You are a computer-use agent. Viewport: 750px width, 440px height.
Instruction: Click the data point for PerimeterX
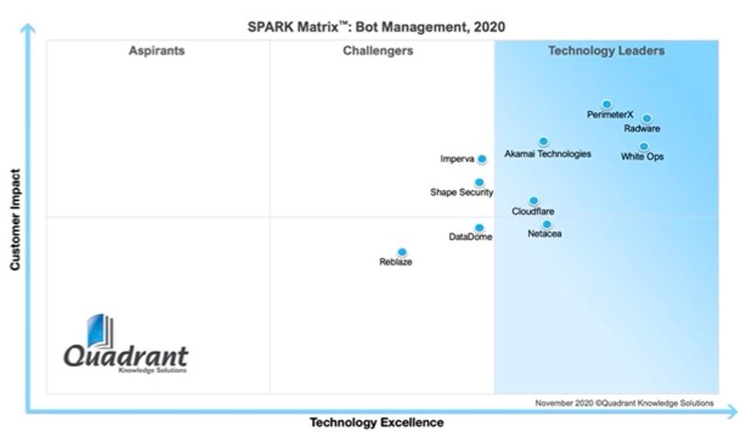(x=607, y=104)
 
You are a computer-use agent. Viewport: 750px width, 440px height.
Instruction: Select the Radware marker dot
(x=647, y=118)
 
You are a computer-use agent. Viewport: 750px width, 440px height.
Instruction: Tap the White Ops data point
(x=644, y=146)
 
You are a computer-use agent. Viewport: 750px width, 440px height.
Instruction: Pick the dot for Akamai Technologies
(x=543, y=141)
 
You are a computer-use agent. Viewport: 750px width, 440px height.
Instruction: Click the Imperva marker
(x=482, y=159)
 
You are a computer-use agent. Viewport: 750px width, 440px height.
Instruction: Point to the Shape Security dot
(x=479, y=182)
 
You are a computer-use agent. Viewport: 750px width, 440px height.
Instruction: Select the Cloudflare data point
(x=533, y=200)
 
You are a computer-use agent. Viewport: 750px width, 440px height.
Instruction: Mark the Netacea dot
(x=547, y=224)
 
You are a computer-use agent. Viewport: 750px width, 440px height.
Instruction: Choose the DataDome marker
(x=479, y=228)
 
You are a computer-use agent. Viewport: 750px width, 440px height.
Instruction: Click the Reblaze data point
(x=402, y=252)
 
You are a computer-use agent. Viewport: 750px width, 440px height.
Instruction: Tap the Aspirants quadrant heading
(x=157, y=51)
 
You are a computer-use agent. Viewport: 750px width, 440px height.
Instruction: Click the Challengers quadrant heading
(x=378, y=51)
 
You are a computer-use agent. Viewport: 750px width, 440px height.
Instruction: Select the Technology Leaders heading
(x=606, y=51)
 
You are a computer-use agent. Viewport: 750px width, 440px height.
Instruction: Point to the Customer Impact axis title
(x=15, y=220)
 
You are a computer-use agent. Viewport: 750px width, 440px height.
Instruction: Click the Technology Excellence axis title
(x=376, y=423)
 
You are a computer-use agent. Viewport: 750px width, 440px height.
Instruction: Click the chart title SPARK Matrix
(x=376, y=27)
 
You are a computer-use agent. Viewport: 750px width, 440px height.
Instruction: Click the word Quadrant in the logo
(x=126, y=356)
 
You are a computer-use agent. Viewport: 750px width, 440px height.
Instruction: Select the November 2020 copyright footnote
(x=624, y=403)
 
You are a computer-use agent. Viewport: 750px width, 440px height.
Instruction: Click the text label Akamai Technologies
(x=548, y=154)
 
